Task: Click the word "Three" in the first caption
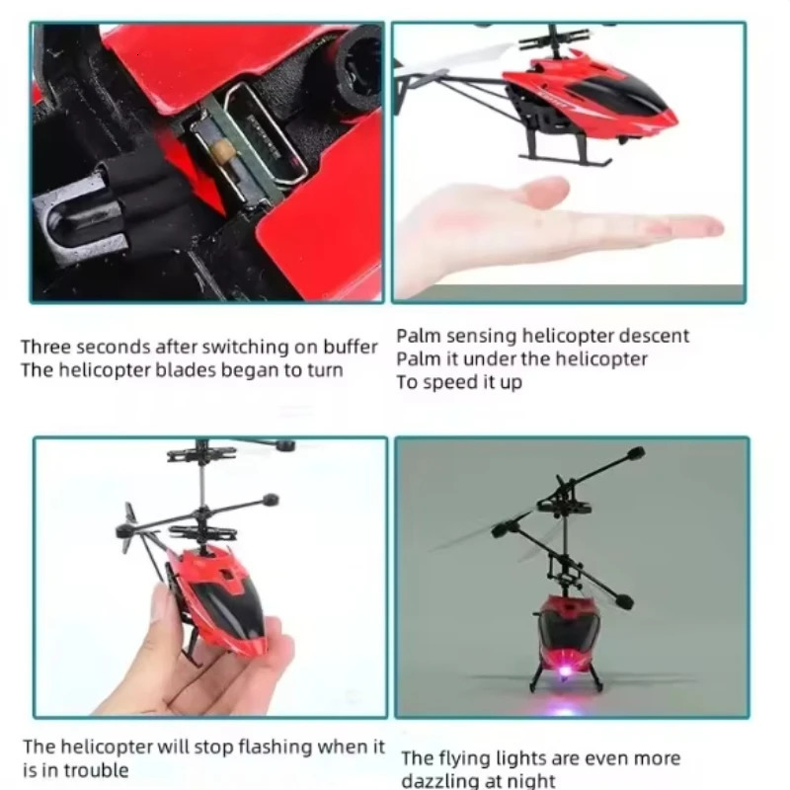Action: pos(45,348)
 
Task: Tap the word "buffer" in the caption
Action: pos(351,348)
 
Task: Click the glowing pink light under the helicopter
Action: pos(565,671)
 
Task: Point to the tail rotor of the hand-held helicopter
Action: pos(129,527)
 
